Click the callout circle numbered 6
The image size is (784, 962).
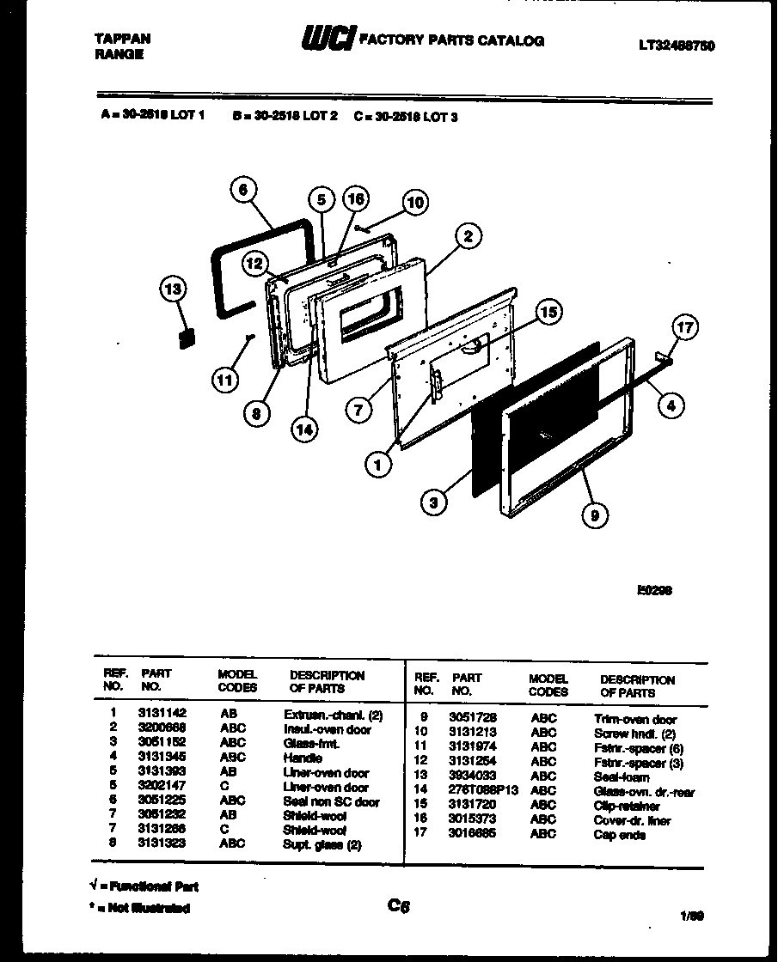(x=244, y=191)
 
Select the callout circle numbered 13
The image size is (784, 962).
(x=175, y=289)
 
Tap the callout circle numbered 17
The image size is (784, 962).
(x=684, y=327)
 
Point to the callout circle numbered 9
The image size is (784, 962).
(x=595, y=514)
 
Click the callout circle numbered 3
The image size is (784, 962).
(x=436, y=502)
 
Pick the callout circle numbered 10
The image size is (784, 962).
(x=414, y=203)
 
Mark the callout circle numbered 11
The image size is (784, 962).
(x=226, y=379)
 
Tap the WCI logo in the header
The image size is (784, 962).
(x=327, y=40)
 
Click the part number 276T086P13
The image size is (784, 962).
(x=484, y=791)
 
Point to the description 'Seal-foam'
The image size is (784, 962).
(x=622, y=776)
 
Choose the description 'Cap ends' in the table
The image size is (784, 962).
(x=619, y=835)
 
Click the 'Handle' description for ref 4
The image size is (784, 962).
(x=303, y=758)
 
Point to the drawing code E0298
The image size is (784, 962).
(x=654, y=589)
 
